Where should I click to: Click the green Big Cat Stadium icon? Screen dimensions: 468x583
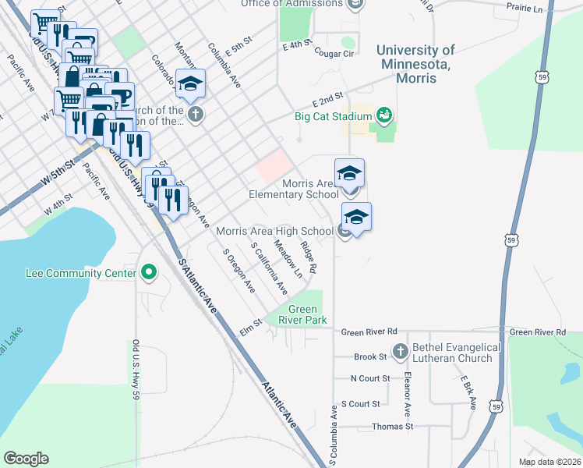(383, 116)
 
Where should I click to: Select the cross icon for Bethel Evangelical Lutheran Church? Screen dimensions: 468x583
(401, 351)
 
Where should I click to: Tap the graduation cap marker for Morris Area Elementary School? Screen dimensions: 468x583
(350, 172)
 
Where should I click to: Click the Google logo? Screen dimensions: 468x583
(26, 458)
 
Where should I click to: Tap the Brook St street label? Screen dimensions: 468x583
(370, 357)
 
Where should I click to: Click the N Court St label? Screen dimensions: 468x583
(369, 379)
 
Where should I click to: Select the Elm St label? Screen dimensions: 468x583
(250, 331)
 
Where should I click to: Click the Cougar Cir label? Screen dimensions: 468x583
(334, 53)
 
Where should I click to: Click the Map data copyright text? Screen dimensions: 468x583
(549, 462)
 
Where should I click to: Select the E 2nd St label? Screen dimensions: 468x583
(328, 102)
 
